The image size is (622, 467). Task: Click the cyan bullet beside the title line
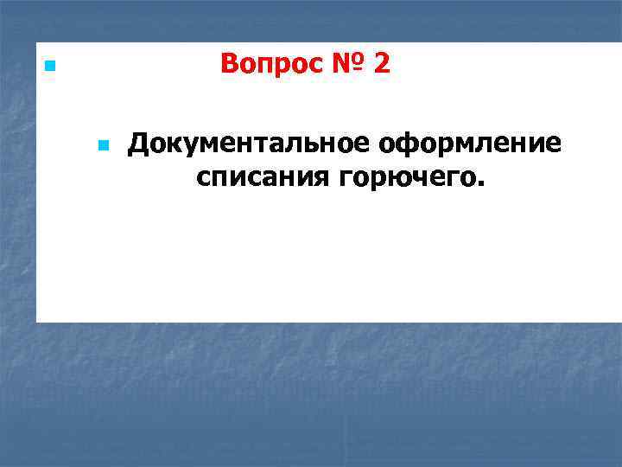49,66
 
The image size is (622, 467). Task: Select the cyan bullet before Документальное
104,146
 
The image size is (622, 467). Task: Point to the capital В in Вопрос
230,64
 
